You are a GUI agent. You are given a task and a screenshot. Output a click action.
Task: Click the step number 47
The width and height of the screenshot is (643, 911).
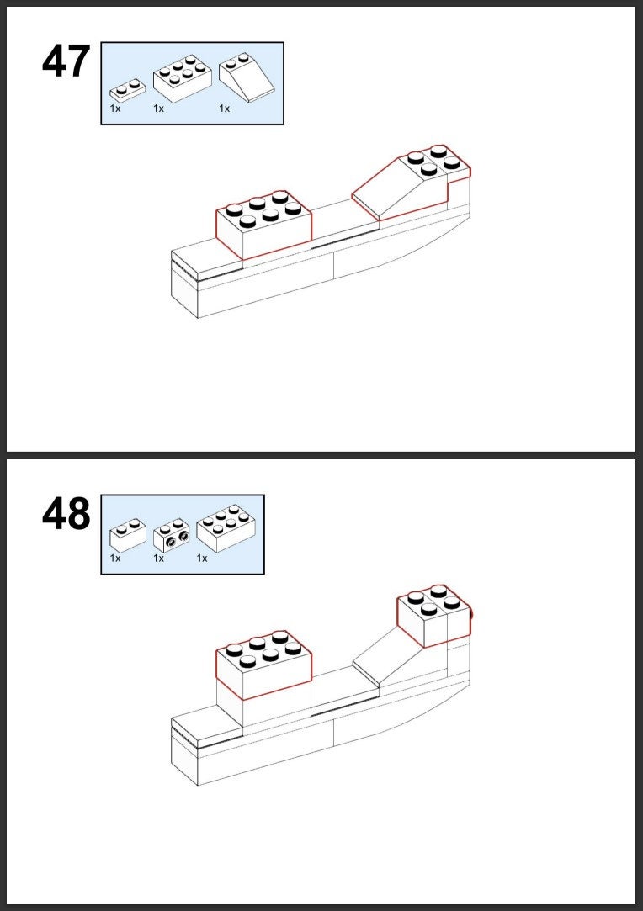pos(66,61)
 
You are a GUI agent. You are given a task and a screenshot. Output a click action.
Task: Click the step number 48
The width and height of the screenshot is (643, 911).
pos(66,514)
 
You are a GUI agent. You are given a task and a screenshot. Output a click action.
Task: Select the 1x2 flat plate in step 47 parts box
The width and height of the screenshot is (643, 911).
pos(128,91)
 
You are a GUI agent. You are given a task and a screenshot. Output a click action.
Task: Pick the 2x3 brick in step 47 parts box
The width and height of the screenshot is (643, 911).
pos(182,78)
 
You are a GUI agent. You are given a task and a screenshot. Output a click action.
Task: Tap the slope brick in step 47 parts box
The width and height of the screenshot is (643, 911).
pos(246,77)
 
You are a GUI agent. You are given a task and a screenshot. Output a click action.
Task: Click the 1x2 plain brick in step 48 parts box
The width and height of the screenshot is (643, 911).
pos(128,535)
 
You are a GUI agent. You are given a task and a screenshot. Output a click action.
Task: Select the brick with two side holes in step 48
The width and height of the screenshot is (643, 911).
pos(172,535)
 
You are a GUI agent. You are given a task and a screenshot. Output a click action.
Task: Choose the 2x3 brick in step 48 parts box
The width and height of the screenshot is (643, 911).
pos(226,529)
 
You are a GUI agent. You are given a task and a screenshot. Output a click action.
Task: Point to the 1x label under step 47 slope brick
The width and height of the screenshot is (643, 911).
pos(225,109)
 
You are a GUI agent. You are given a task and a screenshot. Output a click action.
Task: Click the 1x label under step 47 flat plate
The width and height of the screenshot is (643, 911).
pos(115,109)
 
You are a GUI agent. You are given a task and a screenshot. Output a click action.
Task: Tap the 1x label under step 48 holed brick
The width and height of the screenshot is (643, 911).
pos(159,559)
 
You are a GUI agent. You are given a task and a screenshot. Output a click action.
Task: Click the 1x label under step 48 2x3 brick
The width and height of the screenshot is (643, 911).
pos(202,559)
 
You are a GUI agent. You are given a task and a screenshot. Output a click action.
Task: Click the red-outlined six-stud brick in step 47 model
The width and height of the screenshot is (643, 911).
pos(263,225)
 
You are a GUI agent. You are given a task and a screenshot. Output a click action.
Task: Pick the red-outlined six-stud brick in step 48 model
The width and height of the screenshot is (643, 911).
pos(263,664)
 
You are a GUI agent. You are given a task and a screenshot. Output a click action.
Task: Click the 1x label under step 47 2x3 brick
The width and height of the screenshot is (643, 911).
pos(159,109)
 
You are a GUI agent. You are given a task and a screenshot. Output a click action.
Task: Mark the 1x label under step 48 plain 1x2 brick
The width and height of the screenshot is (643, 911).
pos(115,559)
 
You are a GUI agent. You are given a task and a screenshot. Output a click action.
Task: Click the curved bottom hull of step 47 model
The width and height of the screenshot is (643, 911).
pos(401,256)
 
